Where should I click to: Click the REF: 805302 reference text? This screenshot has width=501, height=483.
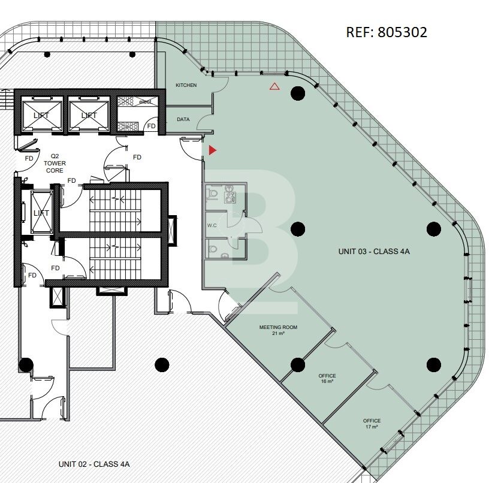click(387, 32)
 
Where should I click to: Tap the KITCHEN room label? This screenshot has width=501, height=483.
click(186, 86)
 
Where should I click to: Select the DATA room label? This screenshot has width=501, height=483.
click(183, 119)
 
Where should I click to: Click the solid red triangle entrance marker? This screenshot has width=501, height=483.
click(212, 149)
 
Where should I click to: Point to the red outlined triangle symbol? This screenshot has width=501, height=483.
click(274, 86)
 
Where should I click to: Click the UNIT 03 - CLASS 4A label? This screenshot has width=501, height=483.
click(374, 252)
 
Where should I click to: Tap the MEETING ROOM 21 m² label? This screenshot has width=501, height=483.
click(278, 330)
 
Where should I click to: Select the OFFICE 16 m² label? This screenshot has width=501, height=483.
click(327, 379)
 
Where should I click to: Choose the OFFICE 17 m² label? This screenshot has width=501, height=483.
click(372, 424)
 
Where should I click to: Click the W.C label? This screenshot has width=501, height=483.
click(212, 226)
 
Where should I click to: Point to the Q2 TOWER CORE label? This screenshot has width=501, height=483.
click(55, 164)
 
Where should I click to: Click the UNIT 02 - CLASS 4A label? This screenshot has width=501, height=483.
click(94, 464)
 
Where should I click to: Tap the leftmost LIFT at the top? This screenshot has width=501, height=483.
click(41, 114)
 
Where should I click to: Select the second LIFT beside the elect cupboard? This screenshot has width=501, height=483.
click(89, 114)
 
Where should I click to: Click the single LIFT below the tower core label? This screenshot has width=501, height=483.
click(41, 213)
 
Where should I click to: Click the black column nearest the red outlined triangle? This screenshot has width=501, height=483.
click(297, 92)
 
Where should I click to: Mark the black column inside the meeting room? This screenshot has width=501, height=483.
click(298, 364)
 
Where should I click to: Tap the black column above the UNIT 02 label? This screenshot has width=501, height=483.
click(161, 364)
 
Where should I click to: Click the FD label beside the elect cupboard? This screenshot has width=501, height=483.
click(152, 126)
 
